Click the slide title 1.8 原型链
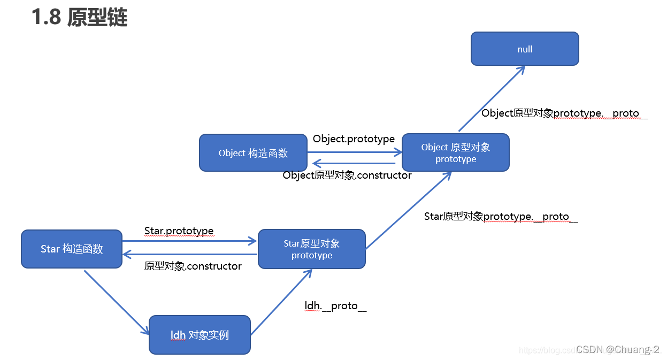[79, 18]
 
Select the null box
[525, 49]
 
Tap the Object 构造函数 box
[253, 153]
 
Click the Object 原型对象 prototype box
[455, 153]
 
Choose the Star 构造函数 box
[72, 249]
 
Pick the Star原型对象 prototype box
[311, 249]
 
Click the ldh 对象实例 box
[200, 335]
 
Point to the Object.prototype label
[354, 139]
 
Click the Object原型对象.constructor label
[347, 175]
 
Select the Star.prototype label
[179, 231]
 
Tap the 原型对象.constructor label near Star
[193, 266]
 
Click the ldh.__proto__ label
[335, 306]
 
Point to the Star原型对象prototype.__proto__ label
[501, 217]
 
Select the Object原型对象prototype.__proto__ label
[564, 113]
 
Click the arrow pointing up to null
[492, 98]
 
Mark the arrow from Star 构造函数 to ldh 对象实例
[116, 302]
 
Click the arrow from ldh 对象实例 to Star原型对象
[281, 302]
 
